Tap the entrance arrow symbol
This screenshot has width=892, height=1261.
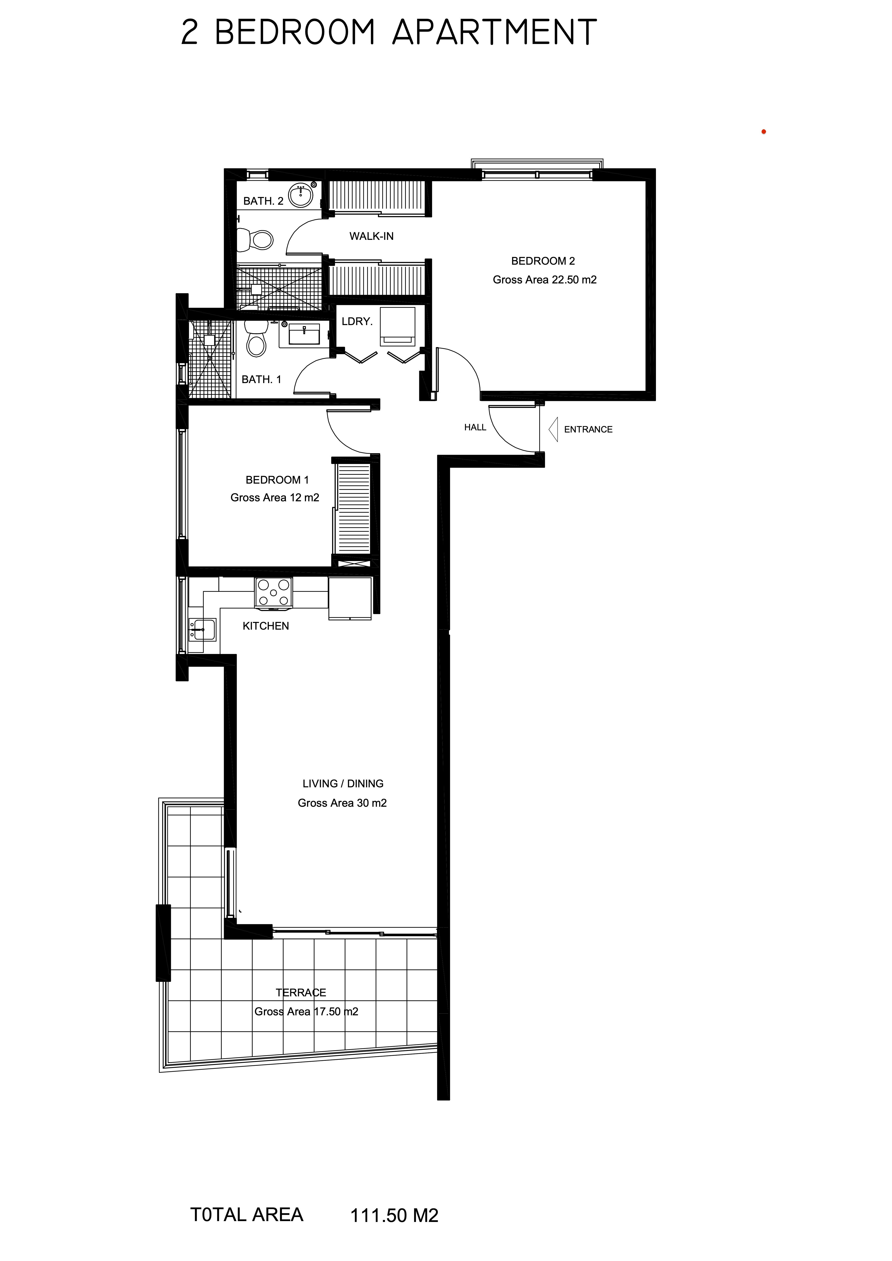(553, 429)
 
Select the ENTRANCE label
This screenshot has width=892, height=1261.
(588, 429)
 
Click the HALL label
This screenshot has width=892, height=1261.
(475, 427)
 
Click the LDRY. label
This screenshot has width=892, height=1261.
(357, 321)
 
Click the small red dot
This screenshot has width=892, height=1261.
(763, 132)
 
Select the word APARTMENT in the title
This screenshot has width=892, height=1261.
(494, 32)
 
